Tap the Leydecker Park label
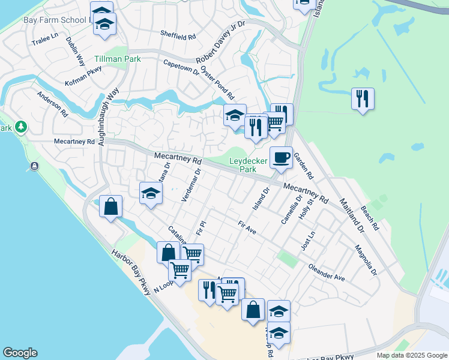251,165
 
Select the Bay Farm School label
55,20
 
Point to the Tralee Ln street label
46,38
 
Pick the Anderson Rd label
52,104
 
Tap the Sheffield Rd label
178,35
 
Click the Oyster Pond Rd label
217,83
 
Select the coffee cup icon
281,157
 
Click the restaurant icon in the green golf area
363,98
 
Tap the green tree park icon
22,127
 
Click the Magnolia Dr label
366,259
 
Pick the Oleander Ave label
327,272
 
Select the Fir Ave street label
247,228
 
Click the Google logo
20,353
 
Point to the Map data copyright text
411,355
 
